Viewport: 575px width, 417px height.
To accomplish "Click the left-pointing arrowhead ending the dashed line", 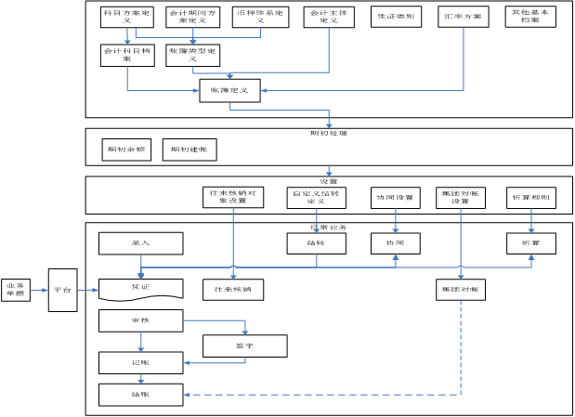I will [x=187, y=395].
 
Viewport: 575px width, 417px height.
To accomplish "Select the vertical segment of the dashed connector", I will [x=461, y=348].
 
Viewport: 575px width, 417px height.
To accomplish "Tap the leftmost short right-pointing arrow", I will [x=39, y=290].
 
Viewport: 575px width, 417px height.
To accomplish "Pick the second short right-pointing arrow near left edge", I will [x=88, y=290].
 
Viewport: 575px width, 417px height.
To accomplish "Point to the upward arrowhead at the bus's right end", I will [x=531, y=257].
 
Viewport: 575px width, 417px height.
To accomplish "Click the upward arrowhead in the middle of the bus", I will [x=396, y=257].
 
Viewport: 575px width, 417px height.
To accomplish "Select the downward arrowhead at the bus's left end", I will [x=141, y=275].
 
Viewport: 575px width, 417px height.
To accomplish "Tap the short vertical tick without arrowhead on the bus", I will [x=317, y=261].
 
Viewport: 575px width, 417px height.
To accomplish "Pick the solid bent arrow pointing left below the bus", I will [x=214, y=362].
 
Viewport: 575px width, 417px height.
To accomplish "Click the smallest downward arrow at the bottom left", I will [x=141, y=379].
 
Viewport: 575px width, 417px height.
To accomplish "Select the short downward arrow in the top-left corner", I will [x=127, y=36].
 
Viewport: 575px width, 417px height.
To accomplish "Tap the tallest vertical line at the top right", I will [x=464, y=56].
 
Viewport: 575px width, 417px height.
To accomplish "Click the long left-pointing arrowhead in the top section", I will [x=265, y=90].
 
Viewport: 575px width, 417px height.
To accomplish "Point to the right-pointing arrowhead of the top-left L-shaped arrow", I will [x=196, y=90].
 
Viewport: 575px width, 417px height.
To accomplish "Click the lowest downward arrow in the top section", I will [x=329, y=171].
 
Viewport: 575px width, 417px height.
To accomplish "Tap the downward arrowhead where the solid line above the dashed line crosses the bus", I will [x=461, y=275].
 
